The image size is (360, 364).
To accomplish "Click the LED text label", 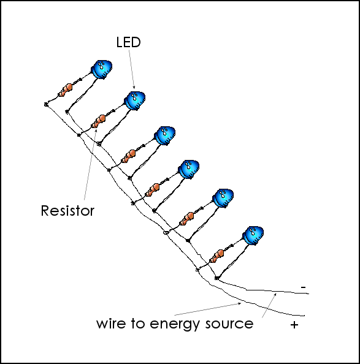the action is tap(128, 42).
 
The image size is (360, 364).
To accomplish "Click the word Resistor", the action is tap(67, 211).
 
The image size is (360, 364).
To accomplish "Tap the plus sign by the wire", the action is tap(294, 325).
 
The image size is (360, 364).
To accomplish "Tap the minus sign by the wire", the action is tap(303, 287).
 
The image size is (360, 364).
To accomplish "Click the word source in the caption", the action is tap(229, 324).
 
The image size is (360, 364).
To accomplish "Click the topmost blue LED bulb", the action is tap(101, 69).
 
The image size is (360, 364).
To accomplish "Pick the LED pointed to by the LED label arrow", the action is tap(135, 100).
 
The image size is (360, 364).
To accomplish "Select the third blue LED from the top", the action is tap(165, 136).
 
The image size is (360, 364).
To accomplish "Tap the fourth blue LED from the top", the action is tap(189, 169).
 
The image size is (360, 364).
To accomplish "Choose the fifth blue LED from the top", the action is tap(223, 199).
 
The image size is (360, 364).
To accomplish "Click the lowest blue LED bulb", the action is tap(253, 235).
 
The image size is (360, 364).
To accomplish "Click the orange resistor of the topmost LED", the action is tap(65, 90).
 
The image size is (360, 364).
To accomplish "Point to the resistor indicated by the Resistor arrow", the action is tap(99, 121).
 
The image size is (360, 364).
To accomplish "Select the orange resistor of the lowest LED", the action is tap(216, 256).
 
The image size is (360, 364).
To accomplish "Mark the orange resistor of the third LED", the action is tap(129, 156).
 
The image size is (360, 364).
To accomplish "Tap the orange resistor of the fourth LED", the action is tap(152, 190).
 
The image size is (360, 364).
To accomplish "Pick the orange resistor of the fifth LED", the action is tap(186, 219).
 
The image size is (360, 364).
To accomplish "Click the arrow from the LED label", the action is tap(132, 69).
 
